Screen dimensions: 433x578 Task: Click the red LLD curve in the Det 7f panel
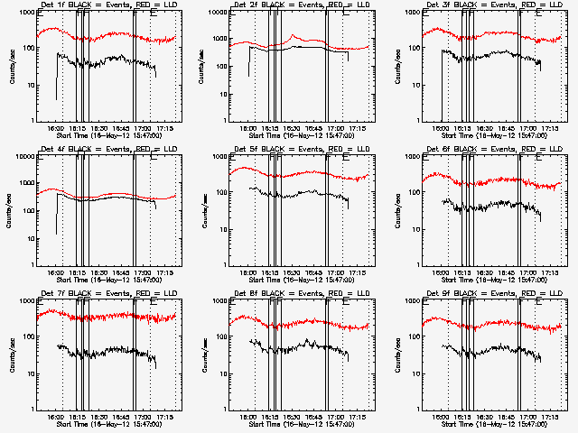(x=108, y=317)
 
